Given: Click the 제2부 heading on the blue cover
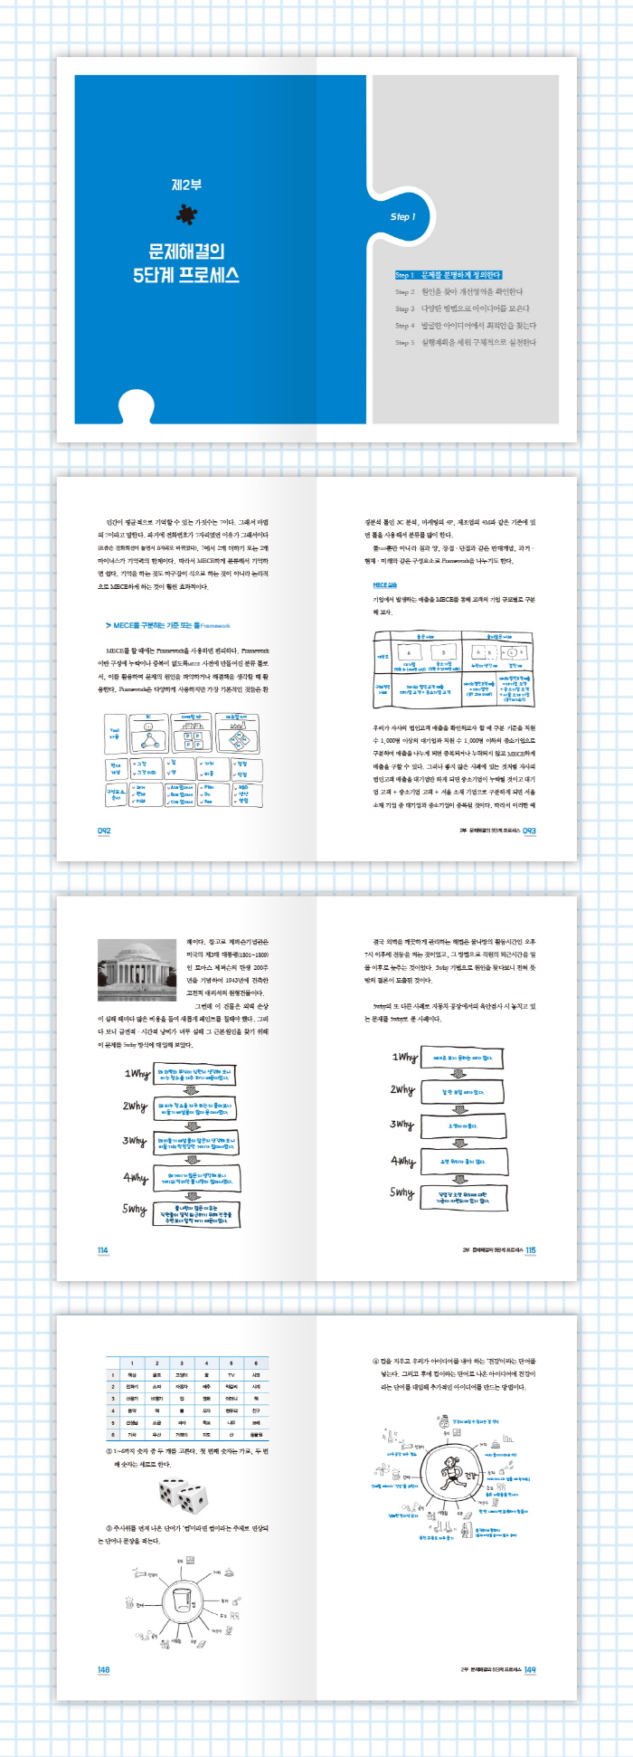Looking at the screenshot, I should pos(186,185).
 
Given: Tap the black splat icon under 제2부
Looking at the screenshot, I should pos(187,214).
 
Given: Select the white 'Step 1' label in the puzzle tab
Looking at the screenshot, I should pos(402,217).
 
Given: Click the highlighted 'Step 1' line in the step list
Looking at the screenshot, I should pos(448,275).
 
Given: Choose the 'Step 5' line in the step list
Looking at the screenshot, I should pos(465,343).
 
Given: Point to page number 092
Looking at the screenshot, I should pos(104,831).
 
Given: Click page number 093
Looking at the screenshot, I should pos(530,831).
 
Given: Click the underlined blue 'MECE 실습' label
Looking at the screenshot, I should pos(384,585).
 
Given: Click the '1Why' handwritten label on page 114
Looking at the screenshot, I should pos(137,1074).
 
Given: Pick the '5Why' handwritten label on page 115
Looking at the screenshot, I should pos(402,1192).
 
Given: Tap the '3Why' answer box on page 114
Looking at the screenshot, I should pos(195,1142).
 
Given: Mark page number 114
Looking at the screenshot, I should pos(102,1250).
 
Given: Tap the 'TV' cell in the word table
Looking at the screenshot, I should pos(231,1374).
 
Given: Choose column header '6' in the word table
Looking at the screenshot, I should pos(256,1363).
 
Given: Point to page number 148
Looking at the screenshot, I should pos(103,1669).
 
